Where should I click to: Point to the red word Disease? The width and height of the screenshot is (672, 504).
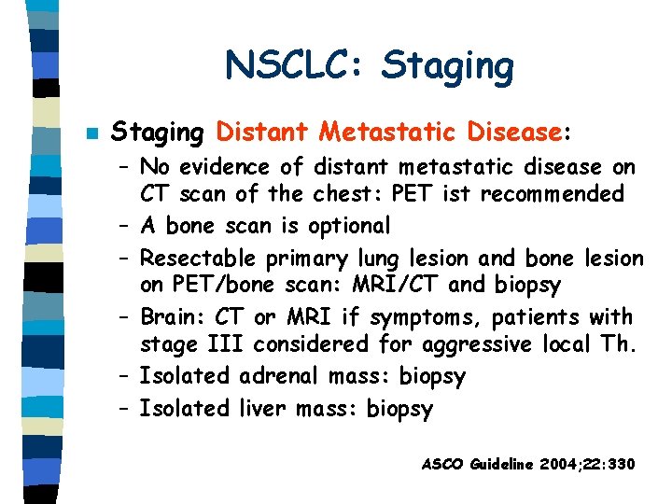(514, 133)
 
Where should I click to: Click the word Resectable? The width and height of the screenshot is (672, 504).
(200, 258)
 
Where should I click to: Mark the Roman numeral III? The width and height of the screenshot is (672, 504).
(220, 344)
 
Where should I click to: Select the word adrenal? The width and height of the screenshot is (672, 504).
(281, 376)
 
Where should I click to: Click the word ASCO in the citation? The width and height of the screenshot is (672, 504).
(443, 463)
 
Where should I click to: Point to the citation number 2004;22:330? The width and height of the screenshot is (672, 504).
(587, 463)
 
